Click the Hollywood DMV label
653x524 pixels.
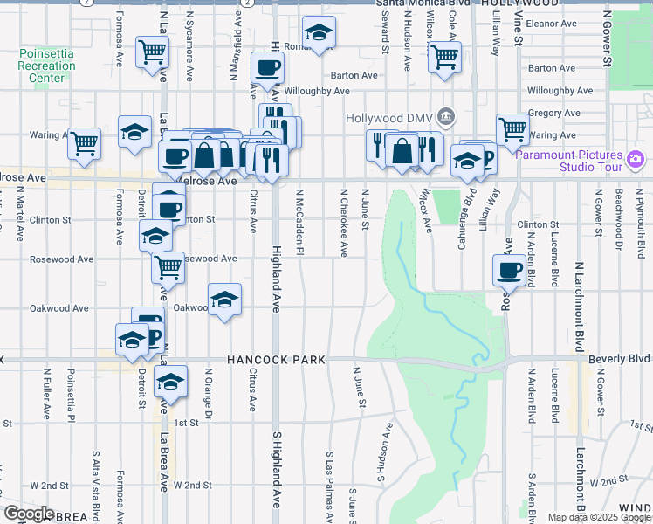(x=389, y=118)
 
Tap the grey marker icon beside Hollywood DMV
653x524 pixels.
(x=446, y=116)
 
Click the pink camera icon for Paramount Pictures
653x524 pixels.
(x=636, y=159)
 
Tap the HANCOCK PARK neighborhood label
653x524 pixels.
(x=277, y=360)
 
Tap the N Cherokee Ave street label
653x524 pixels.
(x=343, y=223)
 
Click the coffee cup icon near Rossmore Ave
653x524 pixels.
(x=508, y=270)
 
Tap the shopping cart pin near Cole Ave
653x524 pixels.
(x=445, y=58)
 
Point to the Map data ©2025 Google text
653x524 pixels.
(x=599, y=517)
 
